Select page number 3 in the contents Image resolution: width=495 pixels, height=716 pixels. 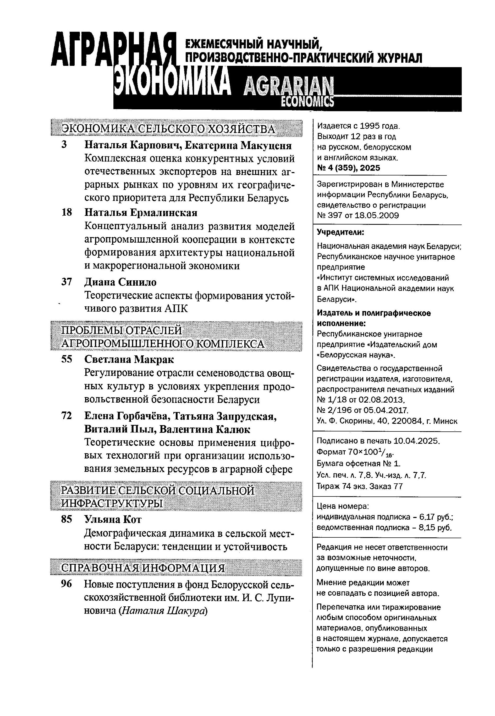64,145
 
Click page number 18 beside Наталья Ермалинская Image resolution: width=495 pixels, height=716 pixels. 67,213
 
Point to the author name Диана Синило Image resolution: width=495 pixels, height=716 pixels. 120,282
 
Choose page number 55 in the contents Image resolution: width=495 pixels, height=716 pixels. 67,360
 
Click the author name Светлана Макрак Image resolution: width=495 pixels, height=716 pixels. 129,360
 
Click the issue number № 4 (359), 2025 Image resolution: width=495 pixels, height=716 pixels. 348,168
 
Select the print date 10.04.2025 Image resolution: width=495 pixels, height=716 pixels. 416,441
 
